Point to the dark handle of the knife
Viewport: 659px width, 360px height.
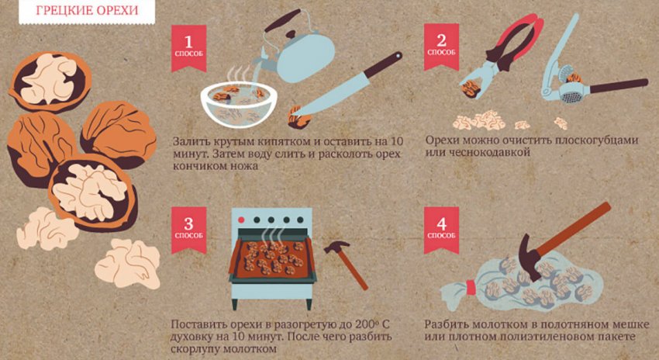(x=380, y=65)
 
